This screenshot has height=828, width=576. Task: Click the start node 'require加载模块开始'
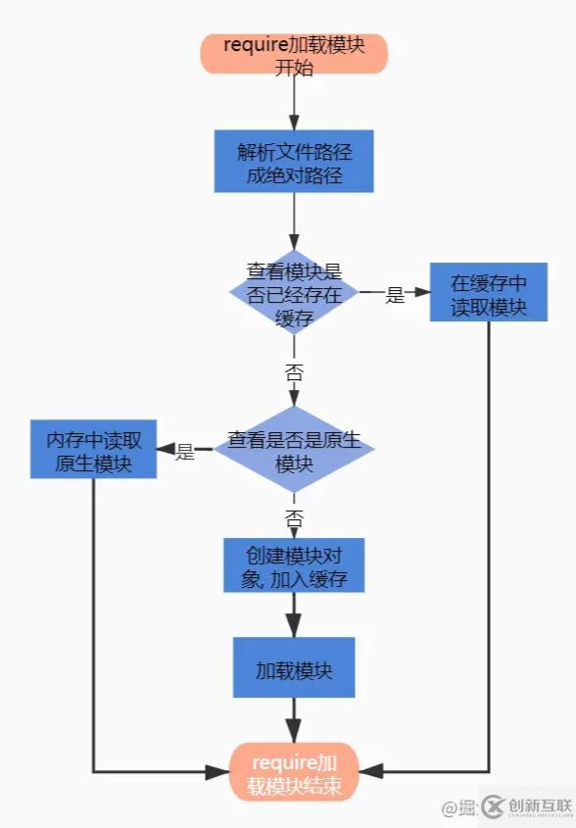click(x=294, y=53)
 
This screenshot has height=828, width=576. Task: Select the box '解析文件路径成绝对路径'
click(x=294, y=162)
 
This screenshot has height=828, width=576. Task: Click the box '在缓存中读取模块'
click(x=489, y=293)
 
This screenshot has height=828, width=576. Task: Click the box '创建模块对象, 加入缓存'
click(x=294, y=565)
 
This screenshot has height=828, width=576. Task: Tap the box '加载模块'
click(x=294, y=668)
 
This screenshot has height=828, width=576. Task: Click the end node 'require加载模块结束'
click(x=294, y=772)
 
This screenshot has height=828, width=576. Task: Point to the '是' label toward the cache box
click(x=395, y=294)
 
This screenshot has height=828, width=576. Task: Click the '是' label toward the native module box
click(x=185, y=452)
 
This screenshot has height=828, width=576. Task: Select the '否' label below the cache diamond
click(x=294, y=370)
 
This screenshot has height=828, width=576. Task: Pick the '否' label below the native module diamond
click(x=294, y=516)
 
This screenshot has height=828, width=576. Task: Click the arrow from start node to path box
click(x=294, y=102)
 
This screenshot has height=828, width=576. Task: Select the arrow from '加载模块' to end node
click(x=294, y=720)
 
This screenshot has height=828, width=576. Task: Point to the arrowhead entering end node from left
click(x=219, y=772)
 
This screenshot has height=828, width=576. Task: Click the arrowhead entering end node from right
click(x=369, y=772)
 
